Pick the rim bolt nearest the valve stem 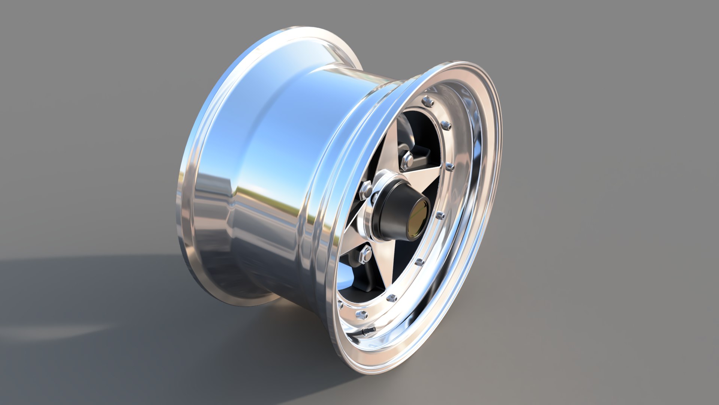(x=362, y=314)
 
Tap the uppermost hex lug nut (x=407, y=159)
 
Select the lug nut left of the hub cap (x=366, y=192)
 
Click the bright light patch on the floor (x=56, y=332)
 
